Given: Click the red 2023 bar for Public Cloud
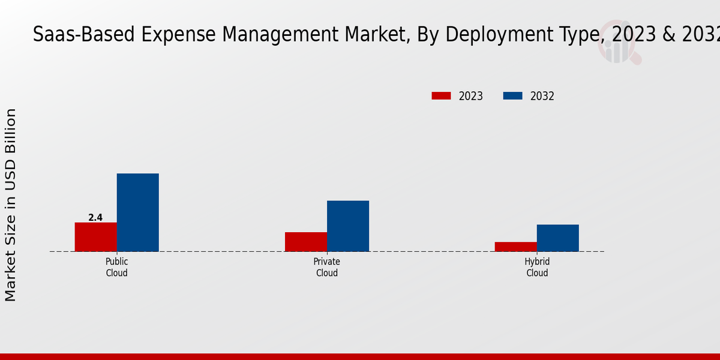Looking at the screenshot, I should (95, 237).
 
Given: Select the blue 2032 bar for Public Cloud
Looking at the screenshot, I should (137, 212).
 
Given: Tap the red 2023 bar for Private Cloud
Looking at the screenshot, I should (306, 242).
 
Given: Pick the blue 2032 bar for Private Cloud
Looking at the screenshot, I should (348, 226).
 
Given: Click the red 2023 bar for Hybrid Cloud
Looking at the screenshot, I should (516, 247).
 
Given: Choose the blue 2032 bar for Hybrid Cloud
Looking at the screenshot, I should (558, 238).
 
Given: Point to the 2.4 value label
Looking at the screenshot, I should (95, 218).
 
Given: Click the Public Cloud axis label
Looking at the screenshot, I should (117, 267).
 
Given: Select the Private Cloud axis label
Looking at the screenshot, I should (327, 267).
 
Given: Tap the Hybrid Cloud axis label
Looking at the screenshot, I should (537, 267).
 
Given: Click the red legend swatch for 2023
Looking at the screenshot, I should (441, 96).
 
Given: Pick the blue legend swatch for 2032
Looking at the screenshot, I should (512, 96).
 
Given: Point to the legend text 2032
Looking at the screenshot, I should (542, 96).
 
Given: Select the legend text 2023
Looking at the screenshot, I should (471, 96).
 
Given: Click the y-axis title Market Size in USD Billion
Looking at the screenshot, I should (11, 205).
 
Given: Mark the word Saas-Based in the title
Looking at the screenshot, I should (85, 35).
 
